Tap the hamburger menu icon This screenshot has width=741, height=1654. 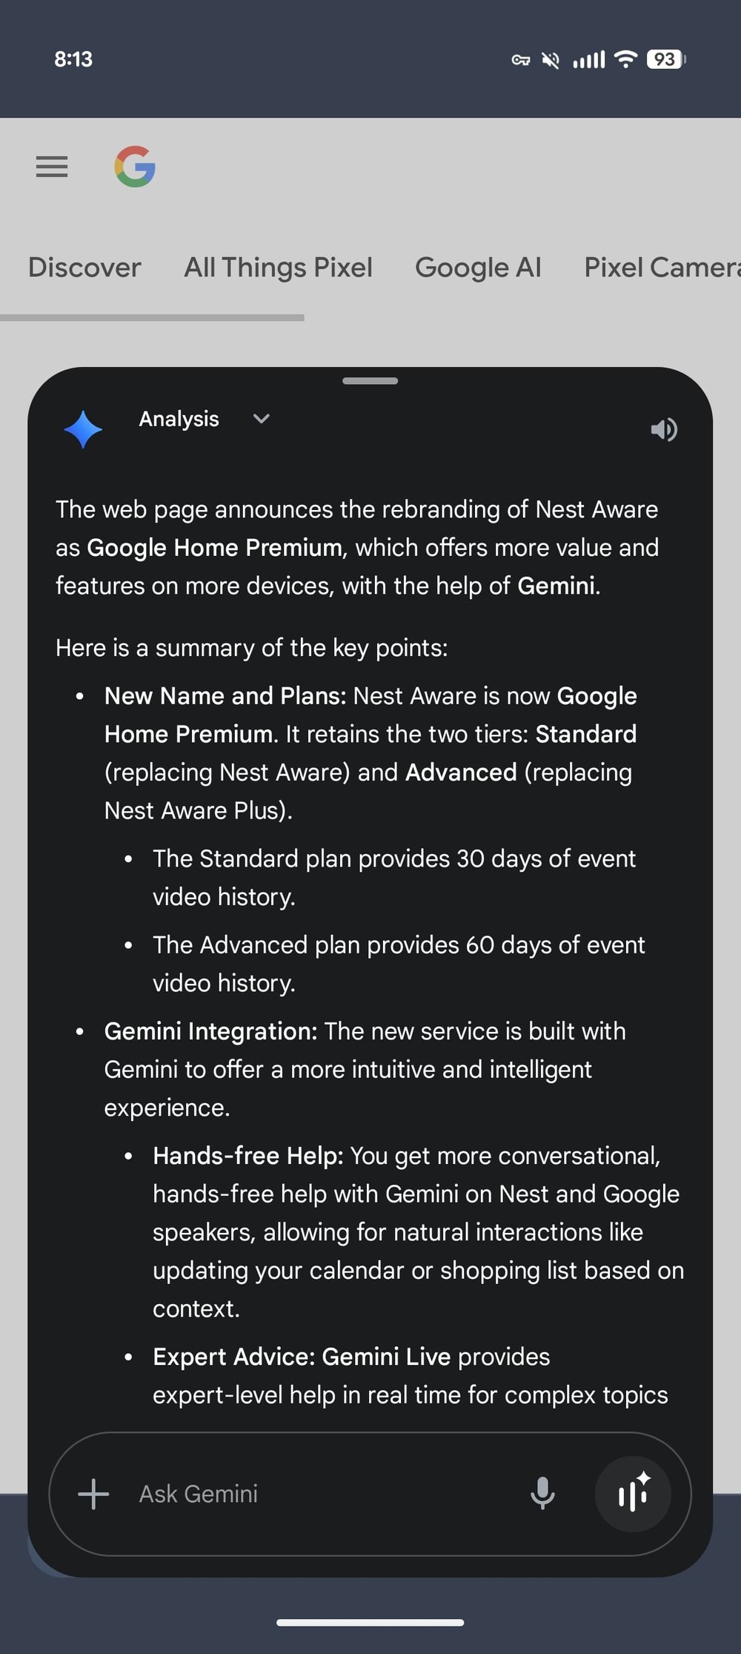52,167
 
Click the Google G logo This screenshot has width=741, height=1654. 135,167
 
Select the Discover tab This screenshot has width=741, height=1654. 84,268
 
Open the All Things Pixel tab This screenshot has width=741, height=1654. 278,268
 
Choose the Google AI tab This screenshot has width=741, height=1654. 478,268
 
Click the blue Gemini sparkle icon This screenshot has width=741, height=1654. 83,429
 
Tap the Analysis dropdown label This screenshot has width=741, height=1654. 179,420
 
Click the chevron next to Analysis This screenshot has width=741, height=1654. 261,419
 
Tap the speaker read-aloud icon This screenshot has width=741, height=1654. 664,429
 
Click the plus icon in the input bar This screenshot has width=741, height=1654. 93,1494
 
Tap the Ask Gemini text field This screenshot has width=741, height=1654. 296,1494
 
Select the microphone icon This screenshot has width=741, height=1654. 542,1493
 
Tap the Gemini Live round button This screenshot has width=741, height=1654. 633,1493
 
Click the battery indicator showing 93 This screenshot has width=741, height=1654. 665,59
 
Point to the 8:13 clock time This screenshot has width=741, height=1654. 73,59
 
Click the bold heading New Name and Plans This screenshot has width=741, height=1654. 225,696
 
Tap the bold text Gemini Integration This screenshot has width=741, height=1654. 210,1031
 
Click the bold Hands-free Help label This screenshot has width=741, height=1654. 247,1156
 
